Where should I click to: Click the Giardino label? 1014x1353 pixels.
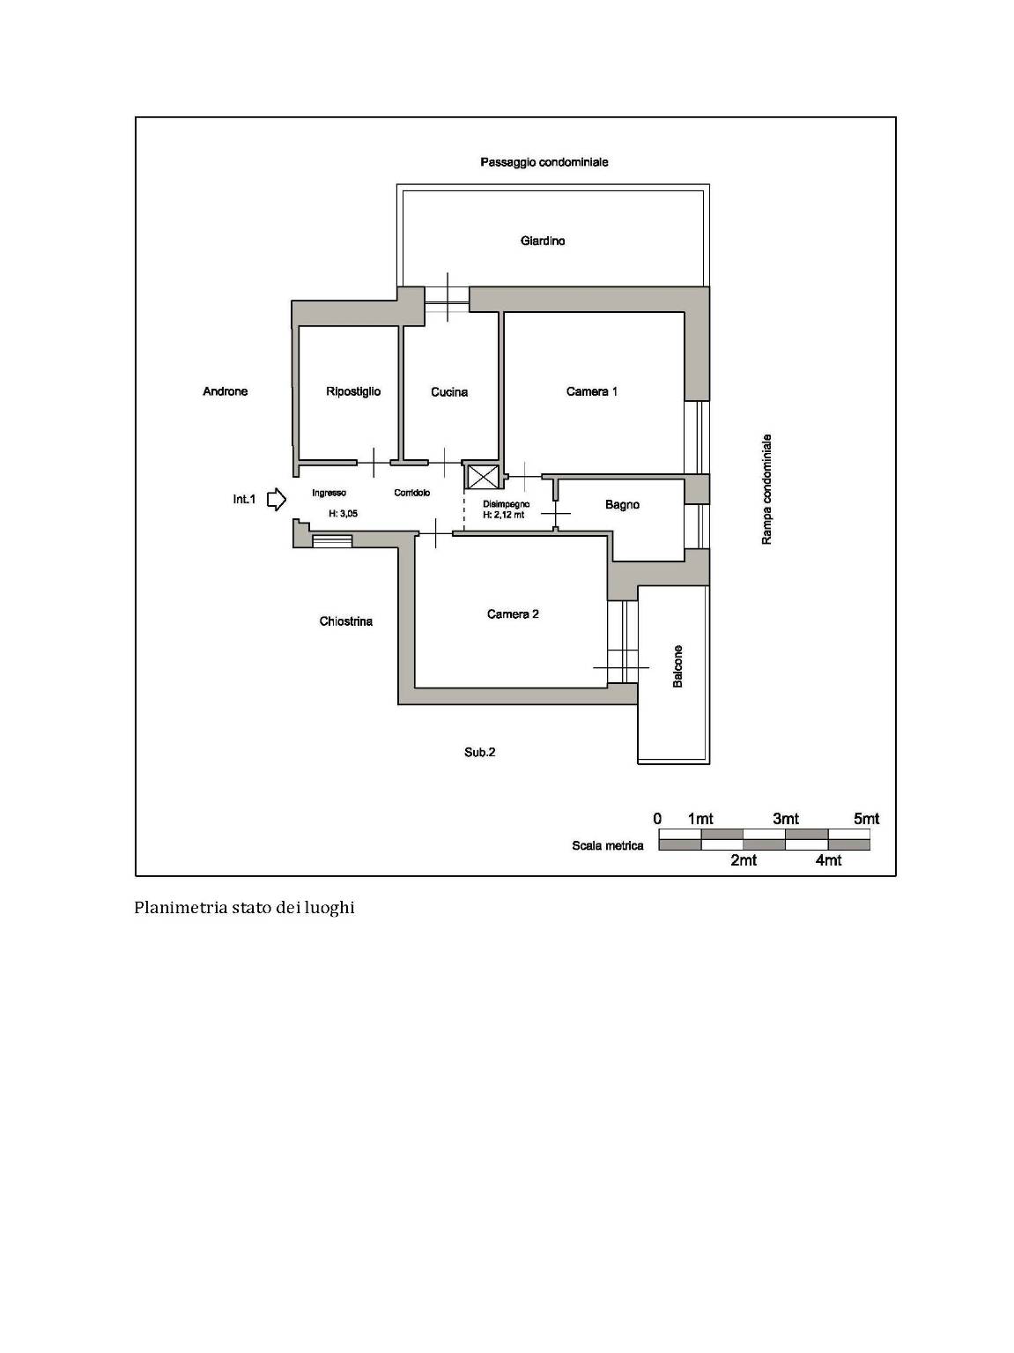click(x=542, y=241)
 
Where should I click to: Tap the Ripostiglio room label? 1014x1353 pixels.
click(x=353, y=391)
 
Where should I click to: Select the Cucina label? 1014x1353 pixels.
click(x=449, y=392)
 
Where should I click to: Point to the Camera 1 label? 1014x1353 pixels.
click(x=591, y=391)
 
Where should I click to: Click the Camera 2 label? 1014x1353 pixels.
click(x=513, y=614)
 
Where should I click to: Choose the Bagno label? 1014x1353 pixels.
click(x=622, y=505)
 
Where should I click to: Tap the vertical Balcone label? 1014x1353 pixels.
click(x=677, y=666)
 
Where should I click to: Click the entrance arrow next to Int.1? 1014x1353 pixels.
click(x=277, y=499)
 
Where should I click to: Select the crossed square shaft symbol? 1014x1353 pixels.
click(x=478, y=477)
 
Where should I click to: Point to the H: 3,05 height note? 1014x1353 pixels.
click(x=343, y=514)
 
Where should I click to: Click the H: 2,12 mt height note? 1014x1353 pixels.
click(x=503, y=515)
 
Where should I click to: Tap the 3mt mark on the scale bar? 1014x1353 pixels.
click(x=786, y=819)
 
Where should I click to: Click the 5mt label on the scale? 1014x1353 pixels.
click(x=866, y=819)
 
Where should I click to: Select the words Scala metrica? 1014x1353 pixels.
click(x=607, y=845)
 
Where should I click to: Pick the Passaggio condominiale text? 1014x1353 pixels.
click(x=544, y=162)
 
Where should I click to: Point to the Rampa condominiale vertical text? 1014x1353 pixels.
click(x=766, y=489)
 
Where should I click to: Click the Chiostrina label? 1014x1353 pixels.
click(x=345, y=621)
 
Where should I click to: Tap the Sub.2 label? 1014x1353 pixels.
click(x=480, y=752)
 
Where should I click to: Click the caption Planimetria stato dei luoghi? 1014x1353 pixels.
click(x=245, y=908)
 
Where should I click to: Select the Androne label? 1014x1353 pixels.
click(x=225, y=391)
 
